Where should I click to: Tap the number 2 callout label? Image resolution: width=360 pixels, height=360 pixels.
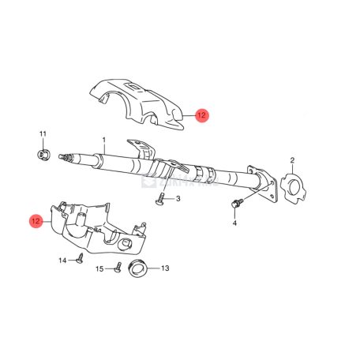pyautogui.click(x=292, y=161)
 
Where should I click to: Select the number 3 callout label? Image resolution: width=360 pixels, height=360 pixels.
pyautogui.click(x=178, y=199)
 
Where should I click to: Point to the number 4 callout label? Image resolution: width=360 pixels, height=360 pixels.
pyautogui.click(x=234, y=223)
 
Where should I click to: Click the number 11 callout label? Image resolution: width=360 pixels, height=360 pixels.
pyautogui.click(x=43, y=133)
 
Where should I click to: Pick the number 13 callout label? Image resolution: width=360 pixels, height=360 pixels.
pyautogui.click(x=165, y=268)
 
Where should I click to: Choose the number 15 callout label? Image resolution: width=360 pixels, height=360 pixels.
pyautogui.click(x=100, y=269)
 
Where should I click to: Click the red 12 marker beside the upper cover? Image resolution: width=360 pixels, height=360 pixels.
pyautogui.click(x=201, y=115)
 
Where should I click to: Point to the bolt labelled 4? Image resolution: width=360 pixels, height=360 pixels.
pyautogui.click(x=235, y=205)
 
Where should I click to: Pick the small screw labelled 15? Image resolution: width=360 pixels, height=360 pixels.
pyautogui.click(x=116, y=268)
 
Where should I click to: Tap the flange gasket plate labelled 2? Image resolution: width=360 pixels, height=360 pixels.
pyautogui.click(x=294, y=188)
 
